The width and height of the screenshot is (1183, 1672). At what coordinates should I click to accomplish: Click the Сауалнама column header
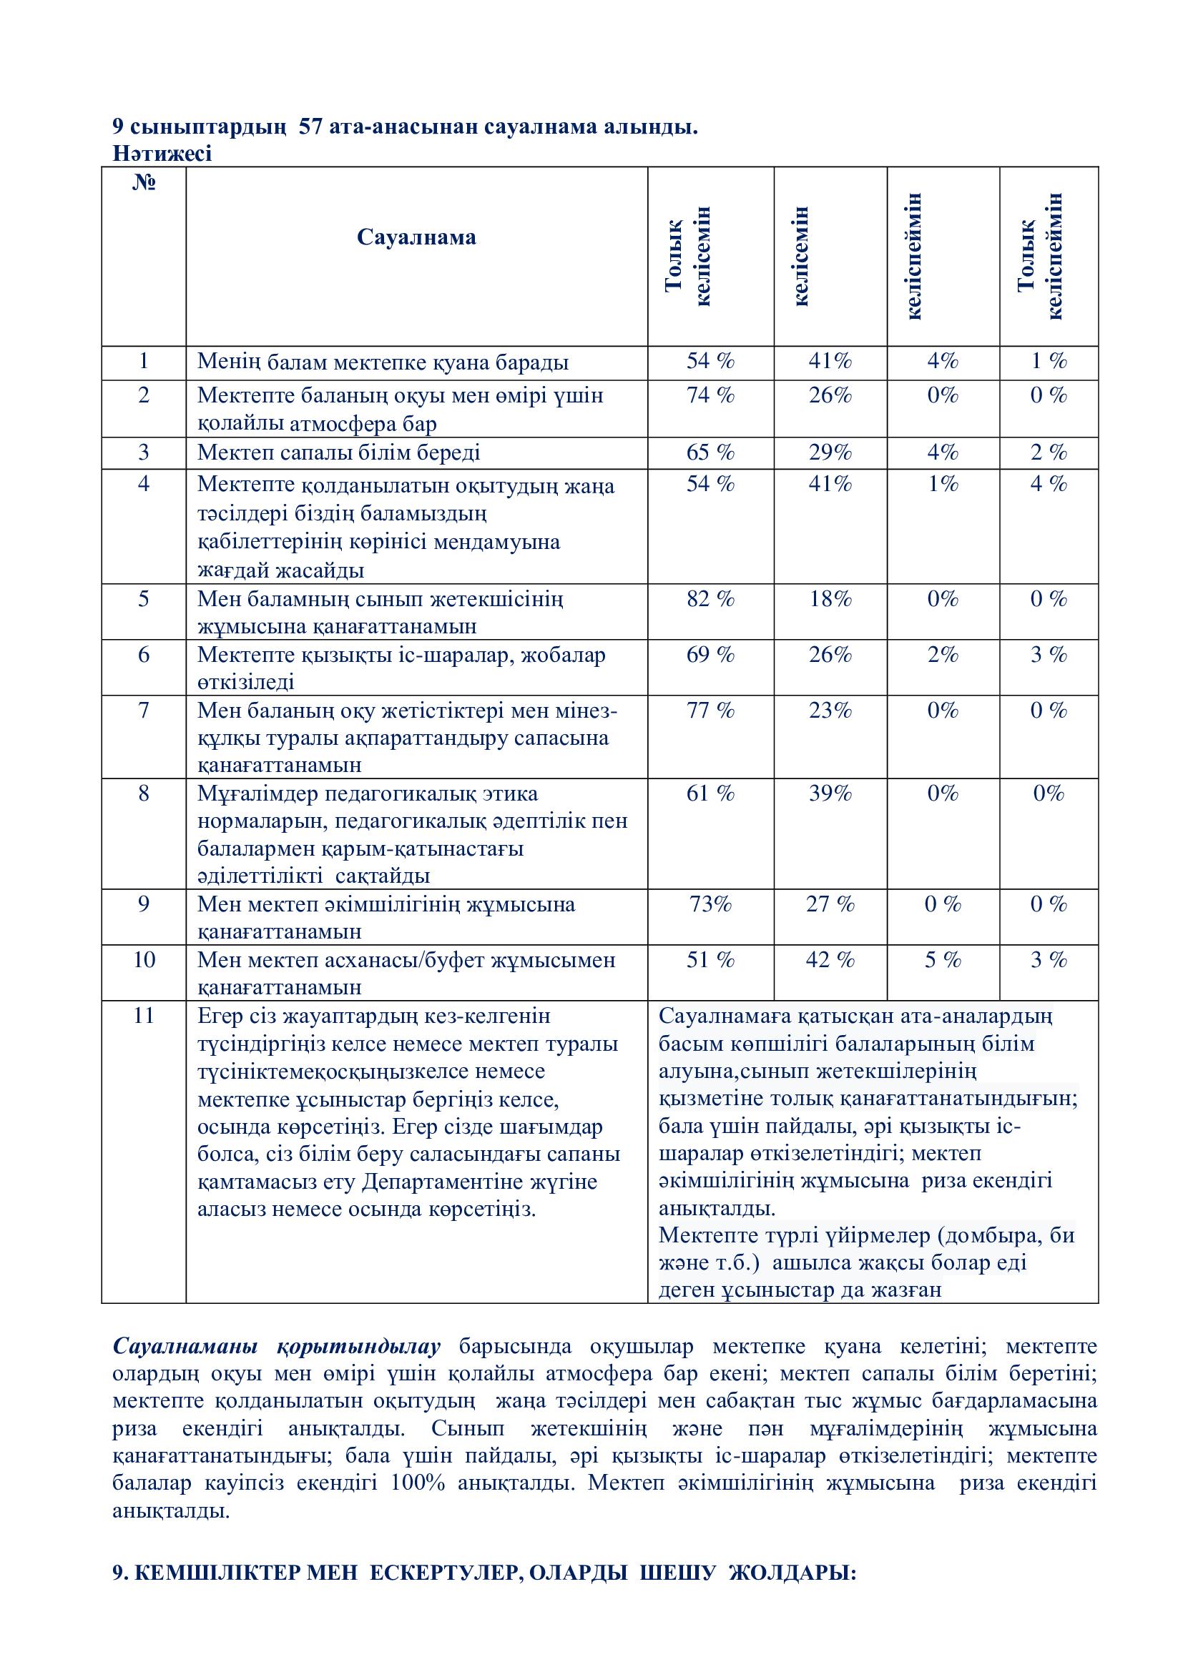click(416, 237)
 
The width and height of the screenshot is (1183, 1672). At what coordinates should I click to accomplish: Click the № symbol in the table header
click(144, 182)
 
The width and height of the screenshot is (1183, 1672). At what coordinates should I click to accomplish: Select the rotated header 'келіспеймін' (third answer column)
click(914, 256)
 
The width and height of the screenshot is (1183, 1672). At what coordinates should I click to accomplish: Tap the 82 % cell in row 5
click(710, 598)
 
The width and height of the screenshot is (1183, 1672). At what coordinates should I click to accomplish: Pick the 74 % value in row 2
click(710, 395)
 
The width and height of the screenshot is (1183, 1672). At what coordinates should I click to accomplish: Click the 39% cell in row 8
click(830, 793)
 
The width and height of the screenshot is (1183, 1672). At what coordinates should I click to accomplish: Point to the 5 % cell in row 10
click(943, 960)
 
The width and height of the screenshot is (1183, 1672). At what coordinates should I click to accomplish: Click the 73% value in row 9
click(710, 904)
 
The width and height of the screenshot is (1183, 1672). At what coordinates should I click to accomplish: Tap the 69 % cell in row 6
click(710, 655)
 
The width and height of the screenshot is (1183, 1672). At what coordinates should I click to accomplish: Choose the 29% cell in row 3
click(830, 452)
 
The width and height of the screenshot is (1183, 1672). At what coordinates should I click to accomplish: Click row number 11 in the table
click(144, 1015)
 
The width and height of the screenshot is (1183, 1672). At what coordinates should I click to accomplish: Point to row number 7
click(144, 710)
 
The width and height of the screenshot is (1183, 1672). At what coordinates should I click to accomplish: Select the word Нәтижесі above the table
click(162, 154)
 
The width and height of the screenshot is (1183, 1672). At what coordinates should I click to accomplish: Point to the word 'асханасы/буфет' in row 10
click(403, 960)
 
